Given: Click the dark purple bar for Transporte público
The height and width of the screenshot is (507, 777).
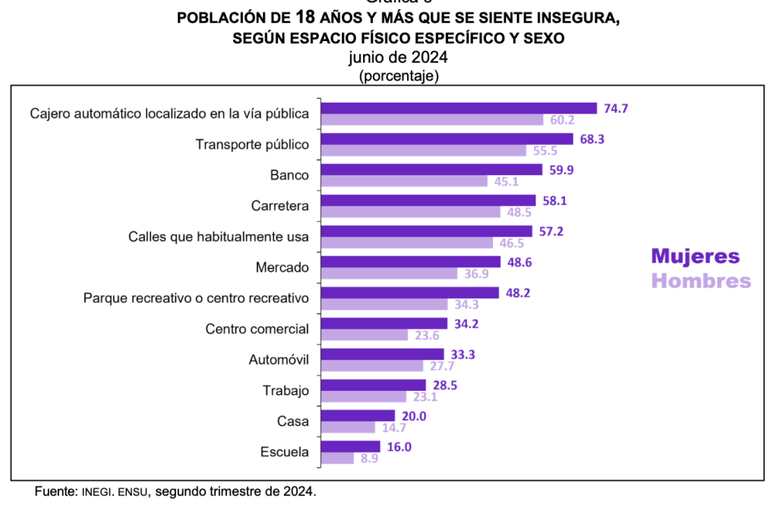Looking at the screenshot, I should click(x=447, y=139).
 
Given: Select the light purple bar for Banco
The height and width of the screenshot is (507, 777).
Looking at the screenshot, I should click(x=404, y=181).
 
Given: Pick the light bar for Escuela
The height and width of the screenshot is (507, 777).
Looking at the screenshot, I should click(x=337, y=458).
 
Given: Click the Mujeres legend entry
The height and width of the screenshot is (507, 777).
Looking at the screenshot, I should click(x=695, y=256).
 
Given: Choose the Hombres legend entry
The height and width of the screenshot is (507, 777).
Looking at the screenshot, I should click(x=701, y=281).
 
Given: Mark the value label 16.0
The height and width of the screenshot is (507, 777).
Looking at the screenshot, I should click(x=399, y=446).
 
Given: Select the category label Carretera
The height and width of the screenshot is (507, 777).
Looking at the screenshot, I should click(x=280, y=206).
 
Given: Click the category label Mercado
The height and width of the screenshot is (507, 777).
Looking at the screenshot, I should click(x=282, y=268).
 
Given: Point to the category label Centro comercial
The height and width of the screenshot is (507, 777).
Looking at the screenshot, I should click(x=257, y=329).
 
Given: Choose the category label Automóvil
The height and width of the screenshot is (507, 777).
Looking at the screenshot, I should click(x=279, y=360).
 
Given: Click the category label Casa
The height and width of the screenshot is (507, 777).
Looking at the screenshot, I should click(x=293, y=421).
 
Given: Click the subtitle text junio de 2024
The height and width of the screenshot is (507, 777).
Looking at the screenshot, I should click(x=398, y=58).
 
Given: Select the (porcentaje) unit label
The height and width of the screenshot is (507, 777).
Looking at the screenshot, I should click(x=398, y=75).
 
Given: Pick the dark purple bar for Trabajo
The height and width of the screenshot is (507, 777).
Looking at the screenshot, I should click(x=374, y=385).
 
